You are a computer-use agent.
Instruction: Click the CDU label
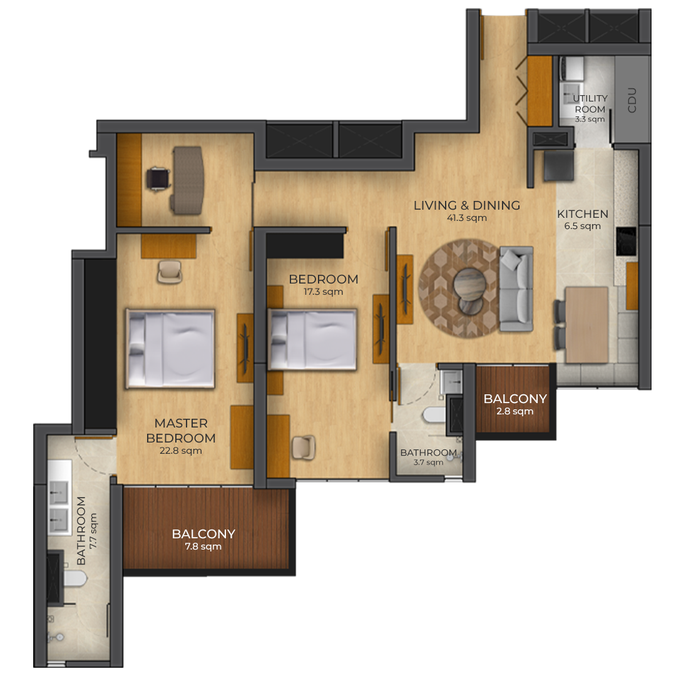point(632,100)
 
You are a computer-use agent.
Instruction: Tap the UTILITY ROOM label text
point(590,104)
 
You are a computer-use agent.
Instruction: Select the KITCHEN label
point(583,214)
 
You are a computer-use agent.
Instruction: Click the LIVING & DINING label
point(467,205)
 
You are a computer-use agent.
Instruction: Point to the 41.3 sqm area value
point(467,218)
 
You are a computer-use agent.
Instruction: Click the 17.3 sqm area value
point(324,292)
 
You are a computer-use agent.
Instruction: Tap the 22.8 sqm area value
point(181,451)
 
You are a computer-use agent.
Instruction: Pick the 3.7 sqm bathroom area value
point(428,462)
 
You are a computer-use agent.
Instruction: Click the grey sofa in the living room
point(516,289)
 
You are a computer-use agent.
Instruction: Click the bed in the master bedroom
point(170,349)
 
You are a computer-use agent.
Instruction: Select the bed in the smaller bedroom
point(312,339)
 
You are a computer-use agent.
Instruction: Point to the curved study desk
point(188,180)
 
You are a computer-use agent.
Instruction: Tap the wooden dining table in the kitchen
point(586,325)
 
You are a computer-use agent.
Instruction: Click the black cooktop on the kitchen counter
point(627,241)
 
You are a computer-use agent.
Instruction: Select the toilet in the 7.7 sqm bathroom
point(75,578)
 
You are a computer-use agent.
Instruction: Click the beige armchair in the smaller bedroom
point(304,448)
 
